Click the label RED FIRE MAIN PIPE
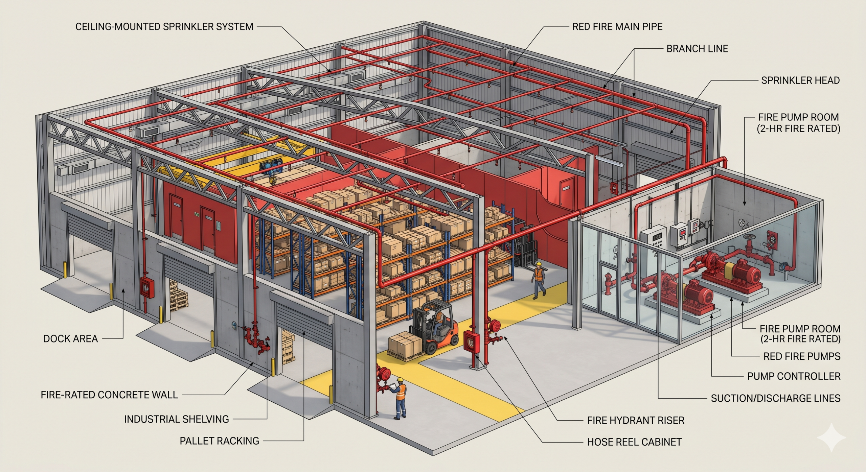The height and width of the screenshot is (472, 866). tap(617, 27)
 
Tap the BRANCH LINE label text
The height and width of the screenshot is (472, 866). tap(697, 49)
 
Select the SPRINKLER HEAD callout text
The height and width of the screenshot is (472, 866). tap(800, 80)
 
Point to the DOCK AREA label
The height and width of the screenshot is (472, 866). tap(70, 339)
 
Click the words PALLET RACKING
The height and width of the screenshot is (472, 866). tap(219, 441)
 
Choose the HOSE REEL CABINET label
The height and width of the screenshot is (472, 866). tap(634, 442)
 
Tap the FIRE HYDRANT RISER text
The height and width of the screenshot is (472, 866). tap(636, 420)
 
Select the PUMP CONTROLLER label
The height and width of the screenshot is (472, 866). tap(794, 376)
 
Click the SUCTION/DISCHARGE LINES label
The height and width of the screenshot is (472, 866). tap(776, 398)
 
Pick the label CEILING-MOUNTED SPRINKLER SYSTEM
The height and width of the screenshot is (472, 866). tap(164, 27)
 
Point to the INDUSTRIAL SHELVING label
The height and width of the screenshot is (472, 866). tap(177, 419)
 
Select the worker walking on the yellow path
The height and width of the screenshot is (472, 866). tap(539, 281)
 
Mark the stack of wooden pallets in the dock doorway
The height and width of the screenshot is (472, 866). tap(178, 294)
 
